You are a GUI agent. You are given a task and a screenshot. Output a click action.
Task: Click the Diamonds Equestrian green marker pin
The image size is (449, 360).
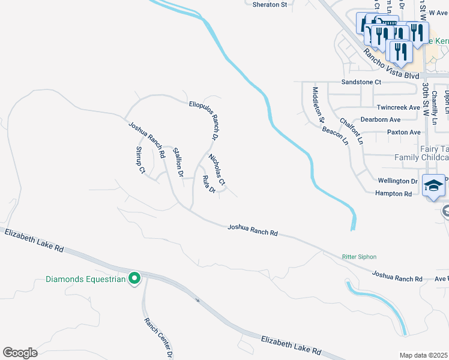(135, 278)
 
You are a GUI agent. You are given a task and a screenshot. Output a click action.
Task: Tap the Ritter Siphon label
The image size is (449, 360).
(359, 257)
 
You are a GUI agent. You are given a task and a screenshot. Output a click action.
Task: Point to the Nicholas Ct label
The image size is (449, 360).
(217, 169)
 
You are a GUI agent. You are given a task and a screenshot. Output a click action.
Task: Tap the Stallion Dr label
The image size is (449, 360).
(178, 162)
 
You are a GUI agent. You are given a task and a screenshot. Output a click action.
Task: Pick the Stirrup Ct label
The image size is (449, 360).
(140, 160)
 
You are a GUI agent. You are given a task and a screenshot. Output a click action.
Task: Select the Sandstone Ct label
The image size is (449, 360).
(361, 82)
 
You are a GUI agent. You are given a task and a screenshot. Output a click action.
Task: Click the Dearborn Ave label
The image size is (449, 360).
(381, 119)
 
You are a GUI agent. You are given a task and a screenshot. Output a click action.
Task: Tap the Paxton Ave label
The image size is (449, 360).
(403, 132)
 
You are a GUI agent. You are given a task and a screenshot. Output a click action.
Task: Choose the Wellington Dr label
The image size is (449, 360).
(397, 181)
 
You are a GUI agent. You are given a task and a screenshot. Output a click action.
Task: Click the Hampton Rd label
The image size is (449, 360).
(393, 194)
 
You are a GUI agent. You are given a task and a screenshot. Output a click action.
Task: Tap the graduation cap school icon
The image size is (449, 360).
(433, 186)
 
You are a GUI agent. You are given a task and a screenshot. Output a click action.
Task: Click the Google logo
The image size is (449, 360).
(20, 353)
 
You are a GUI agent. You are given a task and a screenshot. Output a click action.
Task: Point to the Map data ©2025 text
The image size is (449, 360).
(423, 355)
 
